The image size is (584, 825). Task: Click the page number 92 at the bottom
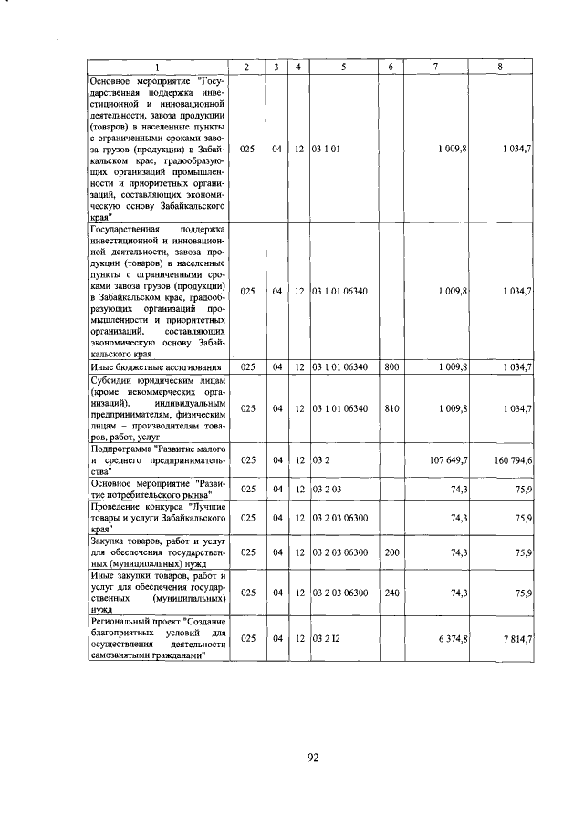[312, 757]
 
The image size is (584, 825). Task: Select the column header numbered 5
[344, 68]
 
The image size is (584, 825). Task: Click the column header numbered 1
[157, 68]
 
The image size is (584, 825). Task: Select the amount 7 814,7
[517, 640]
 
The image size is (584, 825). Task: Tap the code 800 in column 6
[391, 366]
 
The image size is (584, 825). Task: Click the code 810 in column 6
[391, 409]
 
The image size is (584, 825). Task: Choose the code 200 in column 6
[391, 552]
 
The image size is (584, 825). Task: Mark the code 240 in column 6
[391, 593]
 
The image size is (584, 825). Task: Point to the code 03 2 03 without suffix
[326, 489]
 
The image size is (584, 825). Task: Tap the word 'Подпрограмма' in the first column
[120, 449]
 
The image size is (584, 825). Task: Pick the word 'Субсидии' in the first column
[112, 378]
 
